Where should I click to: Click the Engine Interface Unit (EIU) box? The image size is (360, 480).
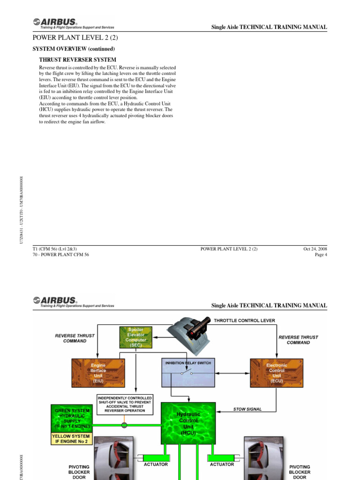pos(98,372)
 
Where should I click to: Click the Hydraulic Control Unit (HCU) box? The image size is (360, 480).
pos(188,423)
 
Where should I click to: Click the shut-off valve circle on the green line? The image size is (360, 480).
pos(124,426)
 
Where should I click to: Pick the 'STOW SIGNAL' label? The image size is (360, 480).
pos(247,409)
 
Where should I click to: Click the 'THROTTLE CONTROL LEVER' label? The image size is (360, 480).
pos(244,321)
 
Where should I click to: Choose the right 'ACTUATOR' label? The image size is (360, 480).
pos(222,465)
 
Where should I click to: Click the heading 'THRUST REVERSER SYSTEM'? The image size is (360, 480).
pos(77,60)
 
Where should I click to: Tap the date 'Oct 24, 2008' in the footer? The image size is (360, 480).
pos(315,249)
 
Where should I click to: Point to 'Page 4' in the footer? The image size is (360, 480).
pos(321,255)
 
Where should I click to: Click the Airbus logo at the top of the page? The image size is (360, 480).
pos(55,22)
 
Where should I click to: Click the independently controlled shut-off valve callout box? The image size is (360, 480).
pos(125,404)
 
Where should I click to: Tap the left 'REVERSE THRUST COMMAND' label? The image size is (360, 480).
pos(75,338)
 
